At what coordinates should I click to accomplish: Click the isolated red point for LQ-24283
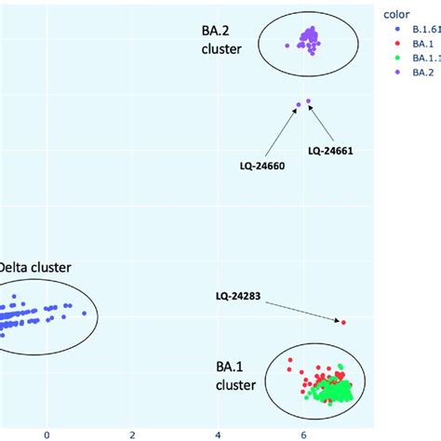[x=343, y=322]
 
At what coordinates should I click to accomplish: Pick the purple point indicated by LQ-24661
[x=309, y=101]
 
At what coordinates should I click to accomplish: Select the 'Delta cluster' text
[x=34, y=267]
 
